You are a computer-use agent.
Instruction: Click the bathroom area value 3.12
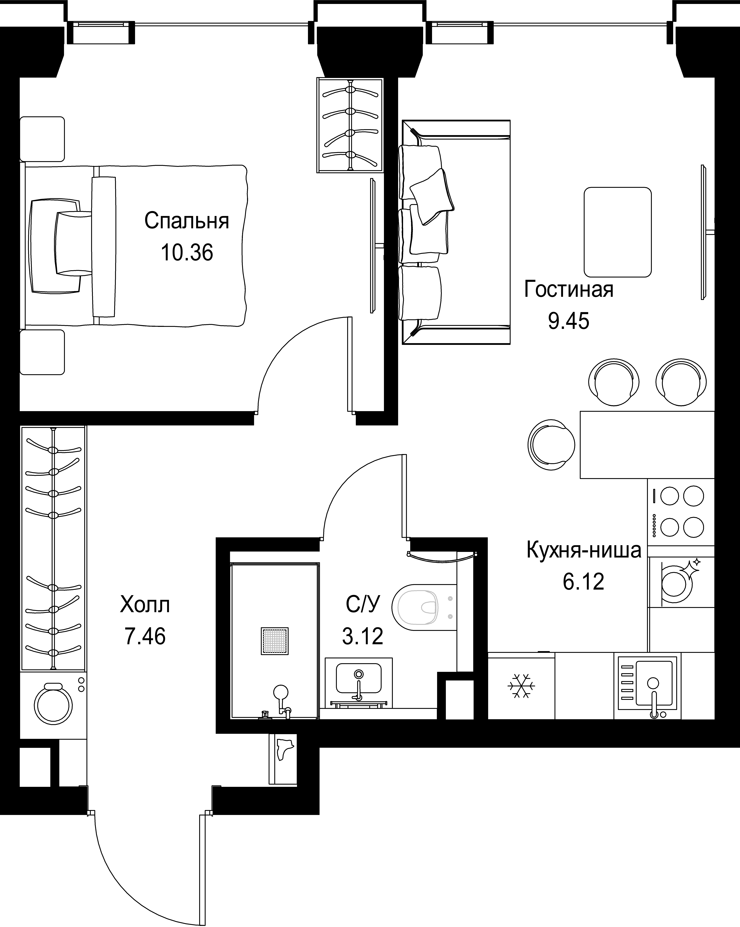362,636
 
